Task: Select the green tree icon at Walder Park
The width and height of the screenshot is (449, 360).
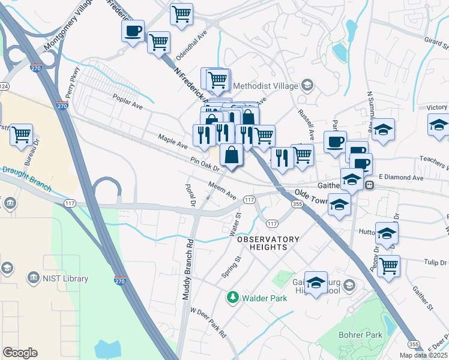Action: coord(232,297)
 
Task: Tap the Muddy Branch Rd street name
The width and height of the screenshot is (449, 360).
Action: coord(187,270)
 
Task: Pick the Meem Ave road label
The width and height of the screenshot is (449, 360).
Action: coord(222,191)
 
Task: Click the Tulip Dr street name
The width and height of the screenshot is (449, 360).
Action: coord(436,263)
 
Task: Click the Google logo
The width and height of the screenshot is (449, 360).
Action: coord(20,353)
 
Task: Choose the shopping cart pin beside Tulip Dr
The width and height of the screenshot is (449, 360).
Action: coord(389,265)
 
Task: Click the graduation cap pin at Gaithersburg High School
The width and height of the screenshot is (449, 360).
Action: coord(316,282)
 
